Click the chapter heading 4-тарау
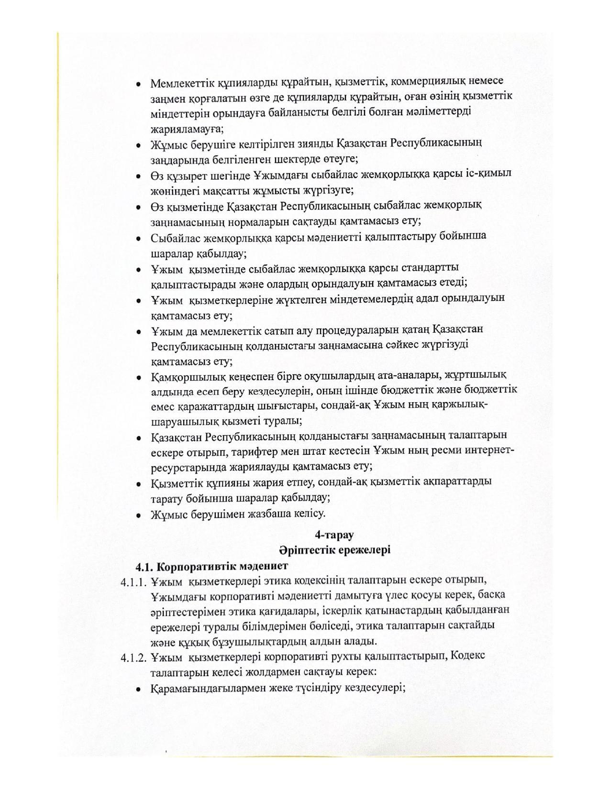(x=334, y=535)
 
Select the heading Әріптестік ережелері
(x=335, y=550)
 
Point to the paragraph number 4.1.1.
(x=133, y=582)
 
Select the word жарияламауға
(x=187, y=128)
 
